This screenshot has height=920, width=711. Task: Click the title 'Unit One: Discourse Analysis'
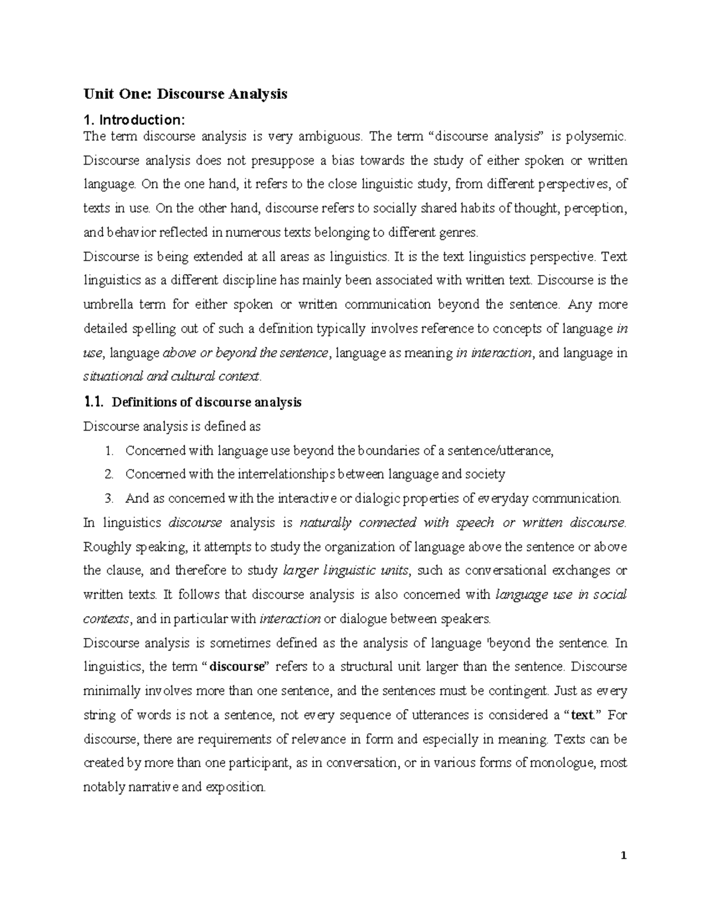(x=185, y=94)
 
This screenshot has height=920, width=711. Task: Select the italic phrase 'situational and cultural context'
(x=172, y=377)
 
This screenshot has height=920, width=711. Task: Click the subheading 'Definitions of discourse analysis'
(x=207, y=402)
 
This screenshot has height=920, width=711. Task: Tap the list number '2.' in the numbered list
(x=108, y=474)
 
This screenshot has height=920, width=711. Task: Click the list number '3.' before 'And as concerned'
(x=108, y=498)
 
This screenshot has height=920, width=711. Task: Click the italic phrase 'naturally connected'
(x=358, y=522)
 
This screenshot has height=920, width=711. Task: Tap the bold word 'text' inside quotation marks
(x=581, y=715)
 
